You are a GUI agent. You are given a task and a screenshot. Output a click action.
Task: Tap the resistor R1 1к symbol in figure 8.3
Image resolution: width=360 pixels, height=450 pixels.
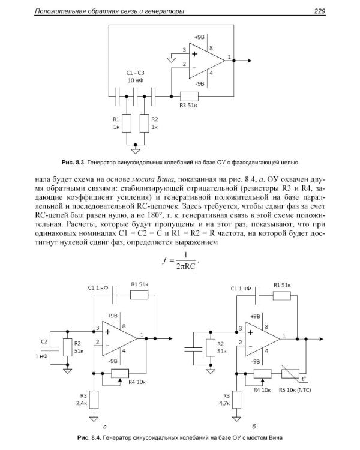127,124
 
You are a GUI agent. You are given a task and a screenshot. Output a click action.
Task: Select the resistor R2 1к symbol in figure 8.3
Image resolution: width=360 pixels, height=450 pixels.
144,124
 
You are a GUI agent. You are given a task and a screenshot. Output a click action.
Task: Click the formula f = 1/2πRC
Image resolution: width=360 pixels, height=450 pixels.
179,260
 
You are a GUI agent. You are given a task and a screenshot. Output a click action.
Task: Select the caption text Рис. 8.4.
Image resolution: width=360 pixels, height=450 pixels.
70,437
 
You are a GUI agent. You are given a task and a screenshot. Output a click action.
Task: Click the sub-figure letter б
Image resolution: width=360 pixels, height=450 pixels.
256,426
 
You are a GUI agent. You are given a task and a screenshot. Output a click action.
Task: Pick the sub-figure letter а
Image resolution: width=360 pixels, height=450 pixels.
106,426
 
